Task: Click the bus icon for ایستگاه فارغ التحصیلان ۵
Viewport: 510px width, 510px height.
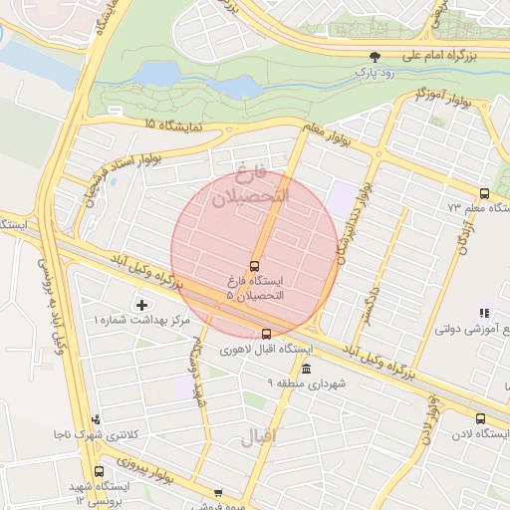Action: point(255,266)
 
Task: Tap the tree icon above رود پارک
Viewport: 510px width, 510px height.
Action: point(375,57)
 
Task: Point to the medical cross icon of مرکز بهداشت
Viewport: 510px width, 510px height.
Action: point(141,304)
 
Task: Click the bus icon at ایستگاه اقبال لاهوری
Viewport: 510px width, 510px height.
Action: point(266,335)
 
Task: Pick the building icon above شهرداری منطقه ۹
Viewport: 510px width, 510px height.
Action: point(305,369)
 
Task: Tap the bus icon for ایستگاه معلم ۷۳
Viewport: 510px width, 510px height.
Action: point(484,193)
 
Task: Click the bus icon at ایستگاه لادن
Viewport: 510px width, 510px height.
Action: point(481,419)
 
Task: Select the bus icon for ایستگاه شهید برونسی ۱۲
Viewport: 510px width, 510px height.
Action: point(98,471)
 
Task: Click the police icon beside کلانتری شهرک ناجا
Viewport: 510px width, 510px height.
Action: point(96,420)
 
